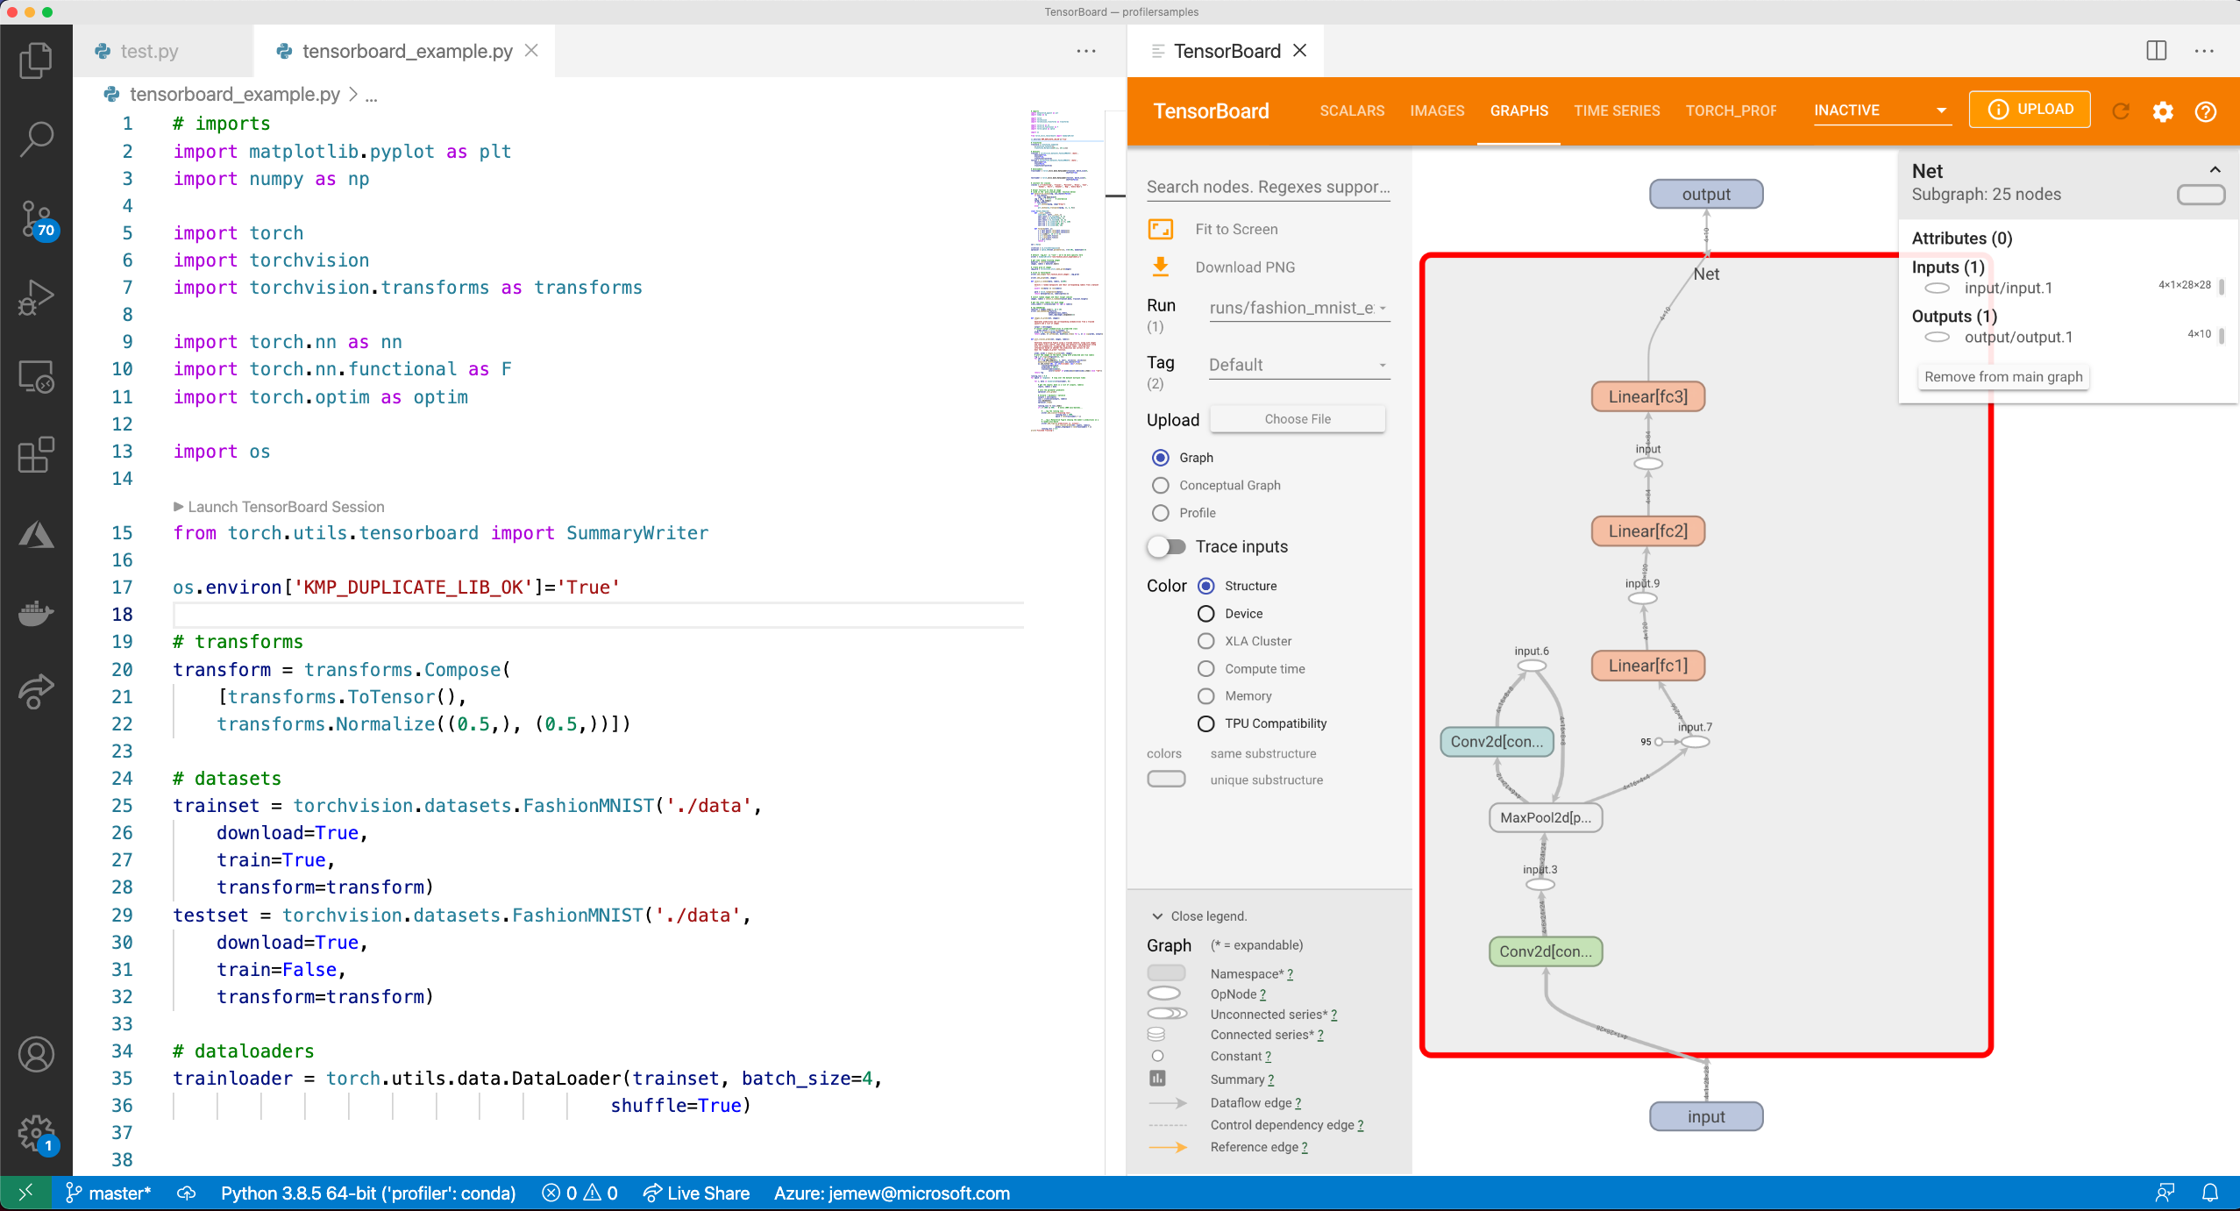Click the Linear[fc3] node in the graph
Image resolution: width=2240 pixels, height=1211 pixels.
[x=1647, y=396]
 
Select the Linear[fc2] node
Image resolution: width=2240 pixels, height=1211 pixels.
[x=1647, y=531]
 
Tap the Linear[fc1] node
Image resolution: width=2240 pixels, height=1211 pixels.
[x=1647, y=666]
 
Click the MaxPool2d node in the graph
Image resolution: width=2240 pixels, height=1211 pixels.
[x=1545, y=817]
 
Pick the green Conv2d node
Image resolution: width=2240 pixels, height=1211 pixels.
[x=1545, y=951]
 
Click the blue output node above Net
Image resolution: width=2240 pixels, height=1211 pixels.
[x=1705, y=194]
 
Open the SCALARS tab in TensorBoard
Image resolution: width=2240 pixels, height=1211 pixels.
[x=1352, y=110]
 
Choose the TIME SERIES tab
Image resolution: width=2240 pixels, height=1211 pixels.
[x=1616, y=110]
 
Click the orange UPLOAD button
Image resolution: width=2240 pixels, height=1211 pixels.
[x=2029, y=110]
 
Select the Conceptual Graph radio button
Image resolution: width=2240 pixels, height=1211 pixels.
[x=1161, y=485]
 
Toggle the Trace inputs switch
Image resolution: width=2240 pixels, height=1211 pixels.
[x=1167, y=546]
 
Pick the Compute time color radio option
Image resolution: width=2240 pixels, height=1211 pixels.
[x=1206, y=668]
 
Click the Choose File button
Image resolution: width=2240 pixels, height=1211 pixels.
[x=1297, y=419]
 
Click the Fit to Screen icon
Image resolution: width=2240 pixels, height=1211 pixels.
[x=1161, y=229]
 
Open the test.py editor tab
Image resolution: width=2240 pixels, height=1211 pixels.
[x=149, y=51]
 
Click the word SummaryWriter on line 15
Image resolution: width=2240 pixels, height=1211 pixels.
[x=636, y=533]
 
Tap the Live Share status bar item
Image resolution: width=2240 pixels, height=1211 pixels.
[x=697, y=1193]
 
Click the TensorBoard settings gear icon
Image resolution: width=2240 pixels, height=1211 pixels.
[x=2163, y=111]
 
